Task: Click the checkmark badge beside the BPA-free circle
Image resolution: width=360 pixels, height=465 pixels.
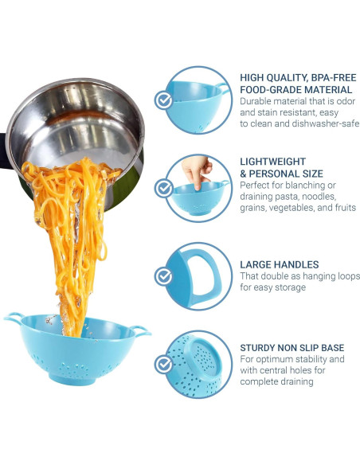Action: (164, 100)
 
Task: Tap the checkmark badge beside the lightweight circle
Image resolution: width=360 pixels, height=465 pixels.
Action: (164, 189)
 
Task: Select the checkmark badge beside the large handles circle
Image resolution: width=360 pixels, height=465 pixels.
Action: (164, 276)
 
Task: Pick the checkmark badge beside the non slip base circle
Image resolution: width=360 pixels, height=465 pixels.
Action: (164, 364)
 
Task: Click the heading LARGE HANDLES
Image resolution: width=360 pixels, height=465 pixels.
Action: (280, 264)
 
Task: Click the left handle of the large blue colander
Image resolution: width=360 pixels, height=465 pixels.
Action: (14, 318)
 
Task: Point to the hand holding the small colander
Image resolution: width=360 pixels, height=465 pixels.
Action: (194, 168)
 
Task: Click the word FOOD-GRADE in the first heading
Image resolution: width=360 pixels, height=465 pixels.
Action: (274, 90)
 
